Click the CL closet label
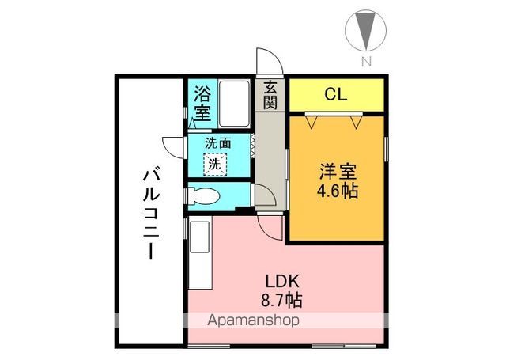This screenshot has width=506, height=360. point(336,94)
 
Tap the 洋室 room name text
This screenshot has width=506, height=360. point(338,172)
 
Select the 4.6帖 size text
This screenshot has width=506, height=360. point(338,191)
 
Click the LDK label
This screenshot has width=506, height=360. point(282,282)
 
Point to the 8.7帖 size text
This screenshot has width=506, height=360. point(281,301)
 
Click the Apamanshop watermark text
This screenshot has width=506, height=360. point(253,320)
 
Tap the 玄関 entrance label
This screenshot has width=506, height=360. point(270,95)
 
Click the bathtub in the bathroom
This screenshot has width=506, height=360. point(234,104)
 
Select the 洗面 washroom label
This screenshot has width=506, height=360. point(218,143)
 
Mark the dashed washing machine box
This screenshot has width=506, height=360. point(215,165)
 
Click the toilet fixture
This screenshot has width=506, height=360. point(203,196)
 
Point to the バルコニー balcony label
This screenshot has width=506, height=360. point(151,214)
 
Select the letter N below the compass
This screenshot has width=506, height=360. point(366,62)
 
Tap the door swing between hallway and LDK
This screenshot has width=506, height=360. point(270,228)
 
